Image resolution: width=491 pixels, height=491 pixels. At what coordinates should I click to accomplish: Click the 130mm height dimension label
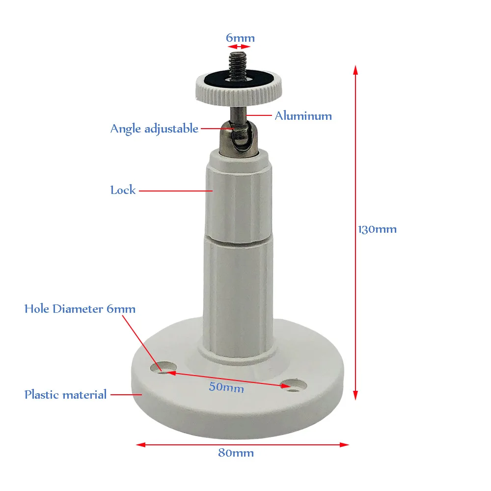pos(378,229)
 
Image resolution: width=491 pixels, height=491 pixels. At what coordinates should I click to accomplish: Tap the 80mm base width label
pos(236,453)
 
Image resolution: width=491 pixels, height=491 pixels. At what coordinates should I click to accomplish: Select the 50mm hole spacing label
pos(226,387)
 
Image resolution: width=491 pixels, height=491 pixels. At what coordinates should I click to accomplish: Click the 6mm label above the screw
pos(240,38)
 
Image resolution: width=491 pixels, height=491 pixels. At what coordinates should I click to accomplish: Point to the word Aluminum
pos(303,116)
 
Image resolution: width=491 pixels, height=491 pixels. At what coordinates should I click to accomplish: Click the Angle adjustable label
pos(154,129)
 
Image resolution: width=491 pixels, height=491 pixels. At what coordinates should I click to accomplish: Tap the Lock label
pos(123,190)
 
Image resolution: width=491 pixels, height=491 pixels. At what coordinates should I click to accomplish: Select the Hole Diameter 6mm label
pos(80,309)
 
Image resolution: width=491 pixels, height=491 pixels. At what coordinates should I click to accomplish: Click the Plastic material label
pos(65,394)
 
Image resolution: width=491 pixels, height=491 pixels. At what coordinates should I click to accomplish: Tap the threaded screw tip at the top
pos(238,61)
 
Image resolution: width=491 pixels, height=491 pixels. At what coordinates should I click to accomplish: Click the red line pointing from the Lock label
pos(175,191)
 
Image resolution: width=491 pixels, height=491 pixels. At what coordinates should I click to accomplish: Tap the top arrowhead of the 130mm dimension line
pos(355,70)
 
